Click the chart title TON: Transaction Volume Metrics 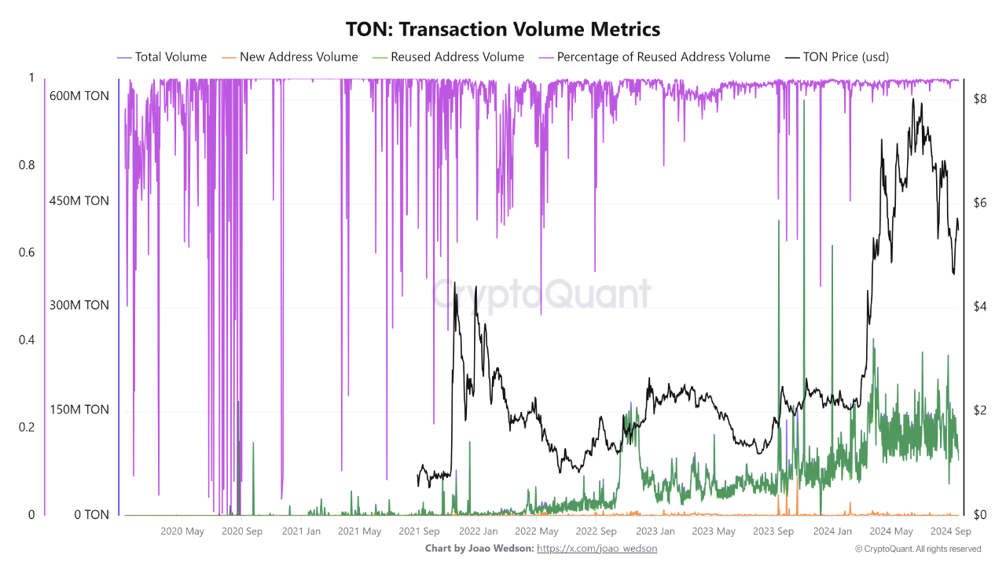503,29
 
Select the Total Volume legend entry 170,57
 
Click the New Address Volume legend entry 298,57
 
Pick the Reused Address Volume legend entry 457,57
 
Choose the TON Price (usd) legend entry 846,57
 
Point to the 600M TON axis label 79,96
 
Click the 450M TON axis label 79,200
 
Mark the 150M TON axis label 79,410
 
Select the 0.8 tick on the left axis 27,165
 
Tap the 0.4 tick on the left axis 27,340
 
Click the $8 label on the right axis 979,99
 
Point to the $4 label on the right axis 979,306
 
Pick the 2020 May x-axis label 182,531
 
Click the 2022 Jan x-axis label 478,531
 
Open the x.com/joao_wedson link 597,548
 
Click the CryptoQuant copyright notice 917,549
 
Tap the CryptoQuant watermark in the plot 542,294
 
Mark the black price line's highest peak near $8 912,100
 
